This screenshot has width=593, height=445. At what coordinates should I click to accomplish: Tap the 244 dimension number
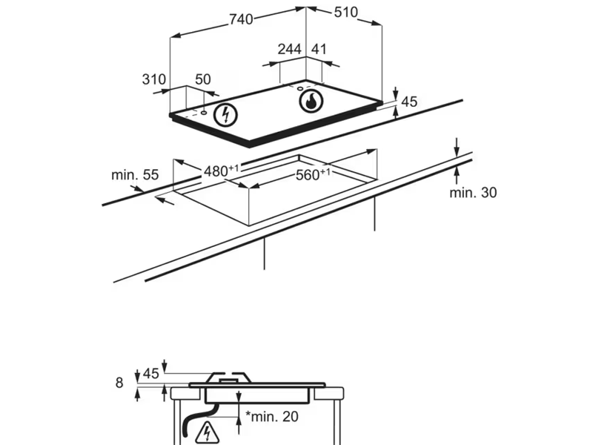289,49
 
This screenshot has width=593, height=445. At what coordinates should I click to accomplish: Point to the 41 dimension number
319,49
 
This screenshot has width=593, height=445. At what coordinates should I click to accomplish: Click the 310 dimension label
153,79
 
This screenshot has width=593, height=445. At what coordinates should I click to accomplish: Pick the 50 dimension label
202,79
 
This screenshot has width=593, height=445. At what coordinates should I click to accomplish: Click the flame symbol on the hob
311,101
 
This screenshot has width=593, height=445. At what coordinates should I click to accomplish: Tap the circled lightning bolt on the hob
225,116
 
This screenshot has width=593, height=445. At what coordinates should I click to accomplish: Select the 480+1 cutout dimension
220,171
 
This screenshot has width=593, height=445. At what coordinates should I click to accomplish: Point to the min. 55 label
135,175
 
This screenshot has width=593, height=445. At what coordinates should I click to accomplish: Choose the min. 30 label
473,193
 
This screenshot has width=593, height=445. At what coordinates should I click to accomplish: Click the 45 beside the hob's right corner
410,102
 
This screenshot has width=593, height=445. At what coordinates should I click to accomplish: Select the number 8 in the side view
119,383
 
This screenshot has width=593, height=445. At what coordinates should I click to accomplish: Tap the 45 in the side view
150,374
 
